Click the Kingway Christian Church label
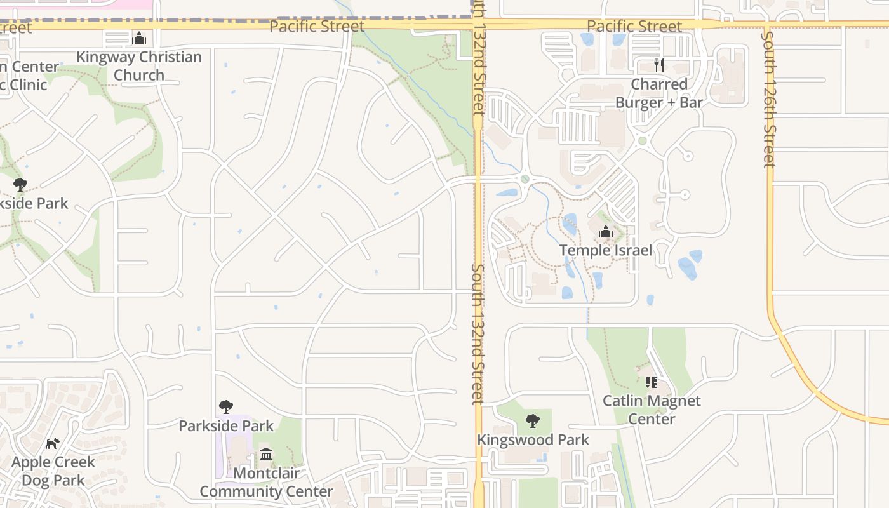click(139, 66)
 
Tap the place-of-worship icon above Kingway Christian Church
click(138, 39)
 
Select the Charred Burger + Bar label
click(659, 93)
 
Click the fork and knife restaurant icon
click(659, 65)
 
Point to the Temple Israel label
click(605, 250)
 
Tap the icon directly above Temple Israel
click(605, 232)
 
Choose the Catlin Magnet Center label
click(652, 410)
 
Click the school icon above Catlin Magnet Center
click(652, 382)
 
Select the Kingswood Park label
click(533, 439)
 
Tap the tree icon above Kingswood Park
click(533, 420)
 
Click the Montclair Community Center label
click(266, 482)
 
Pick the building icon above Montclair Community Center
click(266, 455)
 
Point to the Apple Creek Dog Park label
click(53, 471)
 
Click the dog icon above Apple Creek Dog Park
click(53, 443)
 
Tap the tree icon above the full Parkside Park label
click(225, 407)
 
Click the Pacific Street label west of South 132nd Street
click(317, 26)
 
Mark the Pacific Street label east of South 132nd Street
click(634, 26)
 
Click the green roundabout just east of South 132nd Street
click(525, 179)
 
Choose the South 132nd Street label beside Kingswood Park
click(478, 333)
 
